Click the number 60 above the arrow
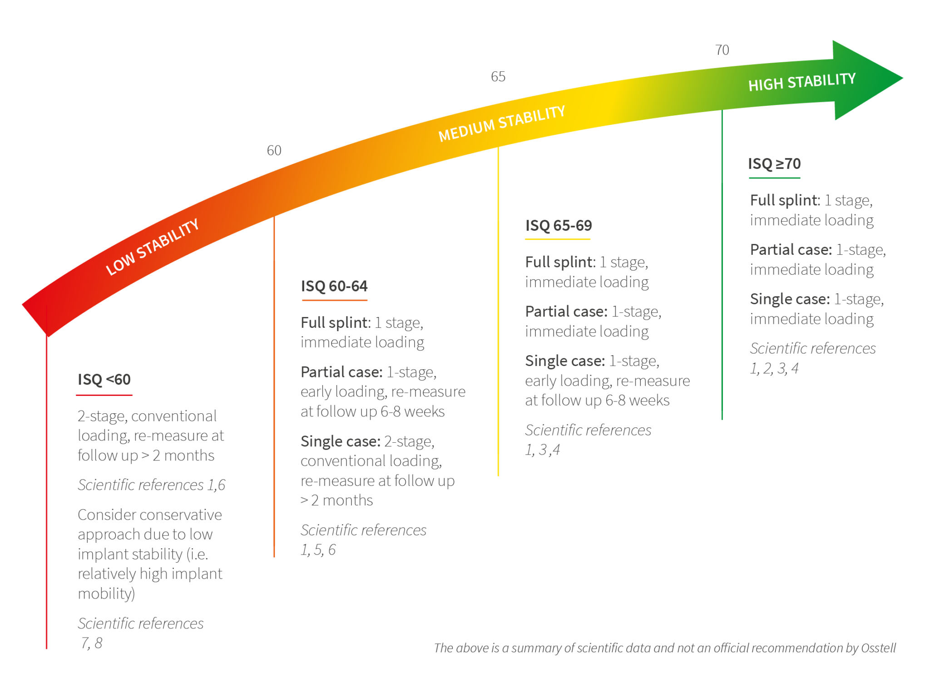(274, 150)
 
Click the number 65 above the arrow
(498, 76)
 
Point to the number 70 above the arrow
(722, 50)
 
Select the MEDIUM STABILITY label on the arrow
(502, 123)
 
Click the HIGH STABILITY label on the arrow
(802, 82)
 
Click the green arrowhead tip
(903, 78)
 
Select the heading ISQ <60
(104, 379)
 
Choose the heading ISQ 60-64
(334, 286)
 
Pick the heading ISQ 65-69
(559, 225)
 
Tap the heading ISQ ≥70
(774, 163)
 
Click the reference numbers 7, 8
(92, 643)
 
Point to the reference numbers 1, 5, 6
(318, 550)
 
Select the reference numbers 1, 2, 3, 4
(774, 368)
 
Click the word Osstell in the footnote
(878, 648)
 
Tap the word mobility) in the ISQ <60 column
(106, 594)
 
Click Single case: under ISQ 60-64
(341, 441)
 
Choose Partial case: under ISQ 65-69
(566, 311)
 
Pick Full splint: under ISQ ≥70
(785, 200)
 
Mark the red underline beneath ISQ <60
(104, 395)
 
